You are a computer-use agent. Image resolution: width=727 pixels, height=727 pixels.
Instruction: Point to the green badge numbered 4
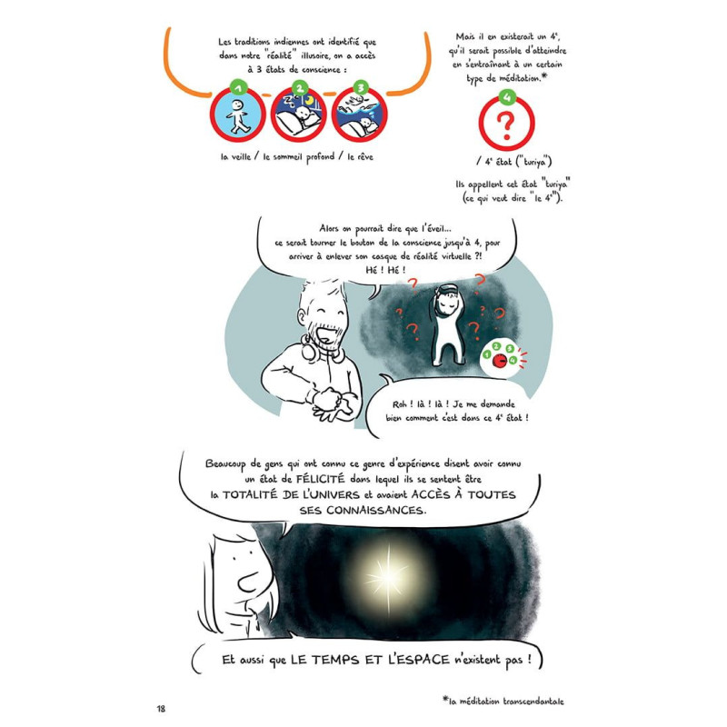pos(506,97)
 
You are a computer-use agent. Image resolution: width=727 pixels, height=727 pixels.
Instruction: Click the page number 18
pos(162,707)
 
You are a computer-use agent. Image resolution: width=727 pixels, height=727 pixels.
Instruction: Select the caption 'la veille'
pos(238,155)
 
